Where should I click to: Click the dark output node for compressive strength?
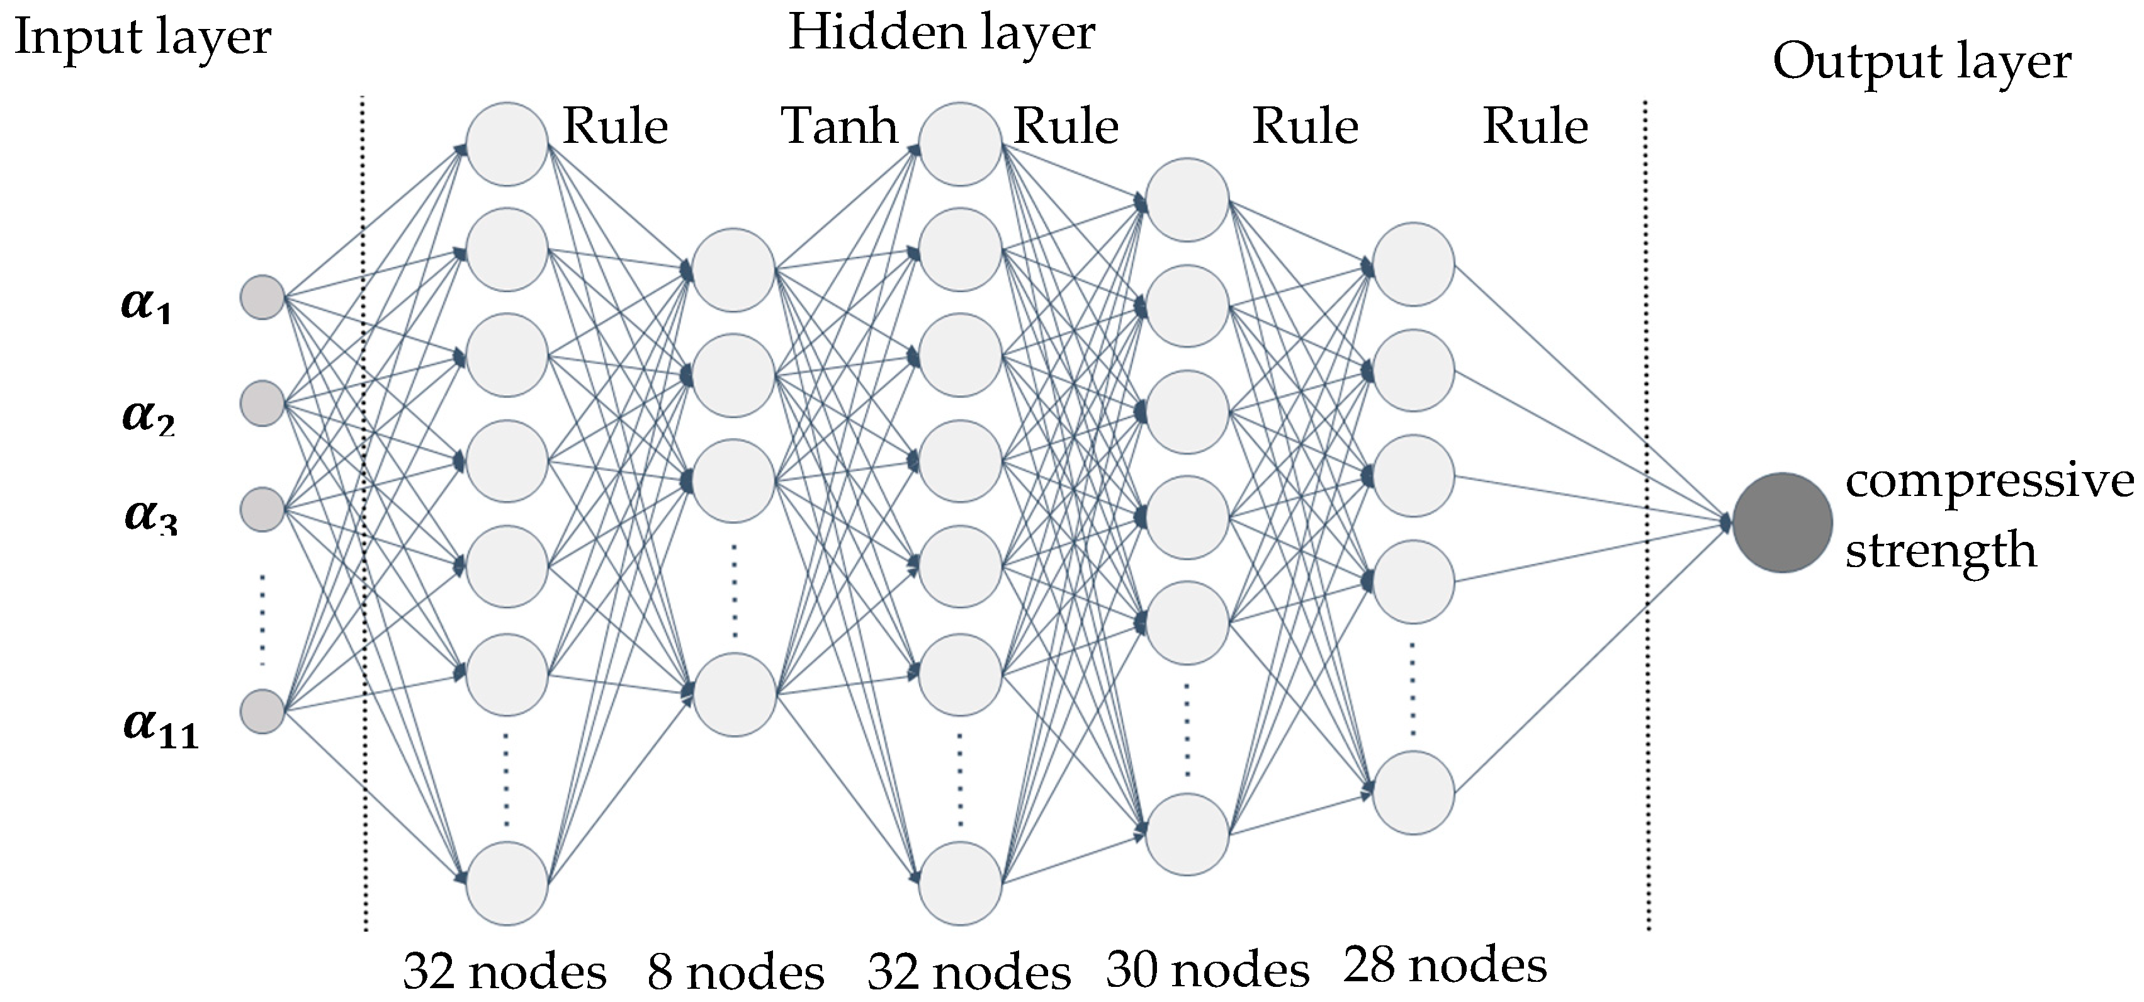[1782, 522]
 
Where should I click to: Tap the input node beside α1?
[262, 297]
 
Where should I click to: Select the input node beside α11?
[262, 712]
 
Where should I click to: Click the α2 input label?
[147, 415]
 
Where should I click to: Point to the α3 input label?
[150, 516]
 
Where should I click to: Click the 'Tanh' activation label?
[839, 127]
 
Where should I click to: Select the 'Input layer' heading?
[142, 38]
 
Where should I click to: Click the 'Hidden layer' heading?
[940, 33]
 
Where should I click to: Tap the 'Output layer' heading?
[1921, 62]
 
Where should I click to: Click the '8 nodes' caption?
[736, 972]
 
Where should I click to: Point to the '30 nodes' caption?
[1208, 969]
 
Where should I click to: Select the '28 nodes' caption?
[1445, 965]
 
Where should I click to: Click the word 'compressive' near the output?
[1989, 481]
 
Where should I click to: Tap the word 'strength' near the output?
[1940, 550]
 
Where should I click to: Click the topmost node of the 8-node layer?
[733, 271]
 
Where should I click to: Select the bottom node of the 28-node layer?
[1413, 792]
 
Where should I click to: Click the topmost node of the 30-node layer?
[1187, 200]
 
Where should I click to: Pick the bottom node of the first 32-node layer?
[507, 883]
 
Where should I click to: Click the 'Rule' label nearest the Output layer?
[1535, 127]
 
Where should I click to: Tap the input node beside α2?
[262, 403]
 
